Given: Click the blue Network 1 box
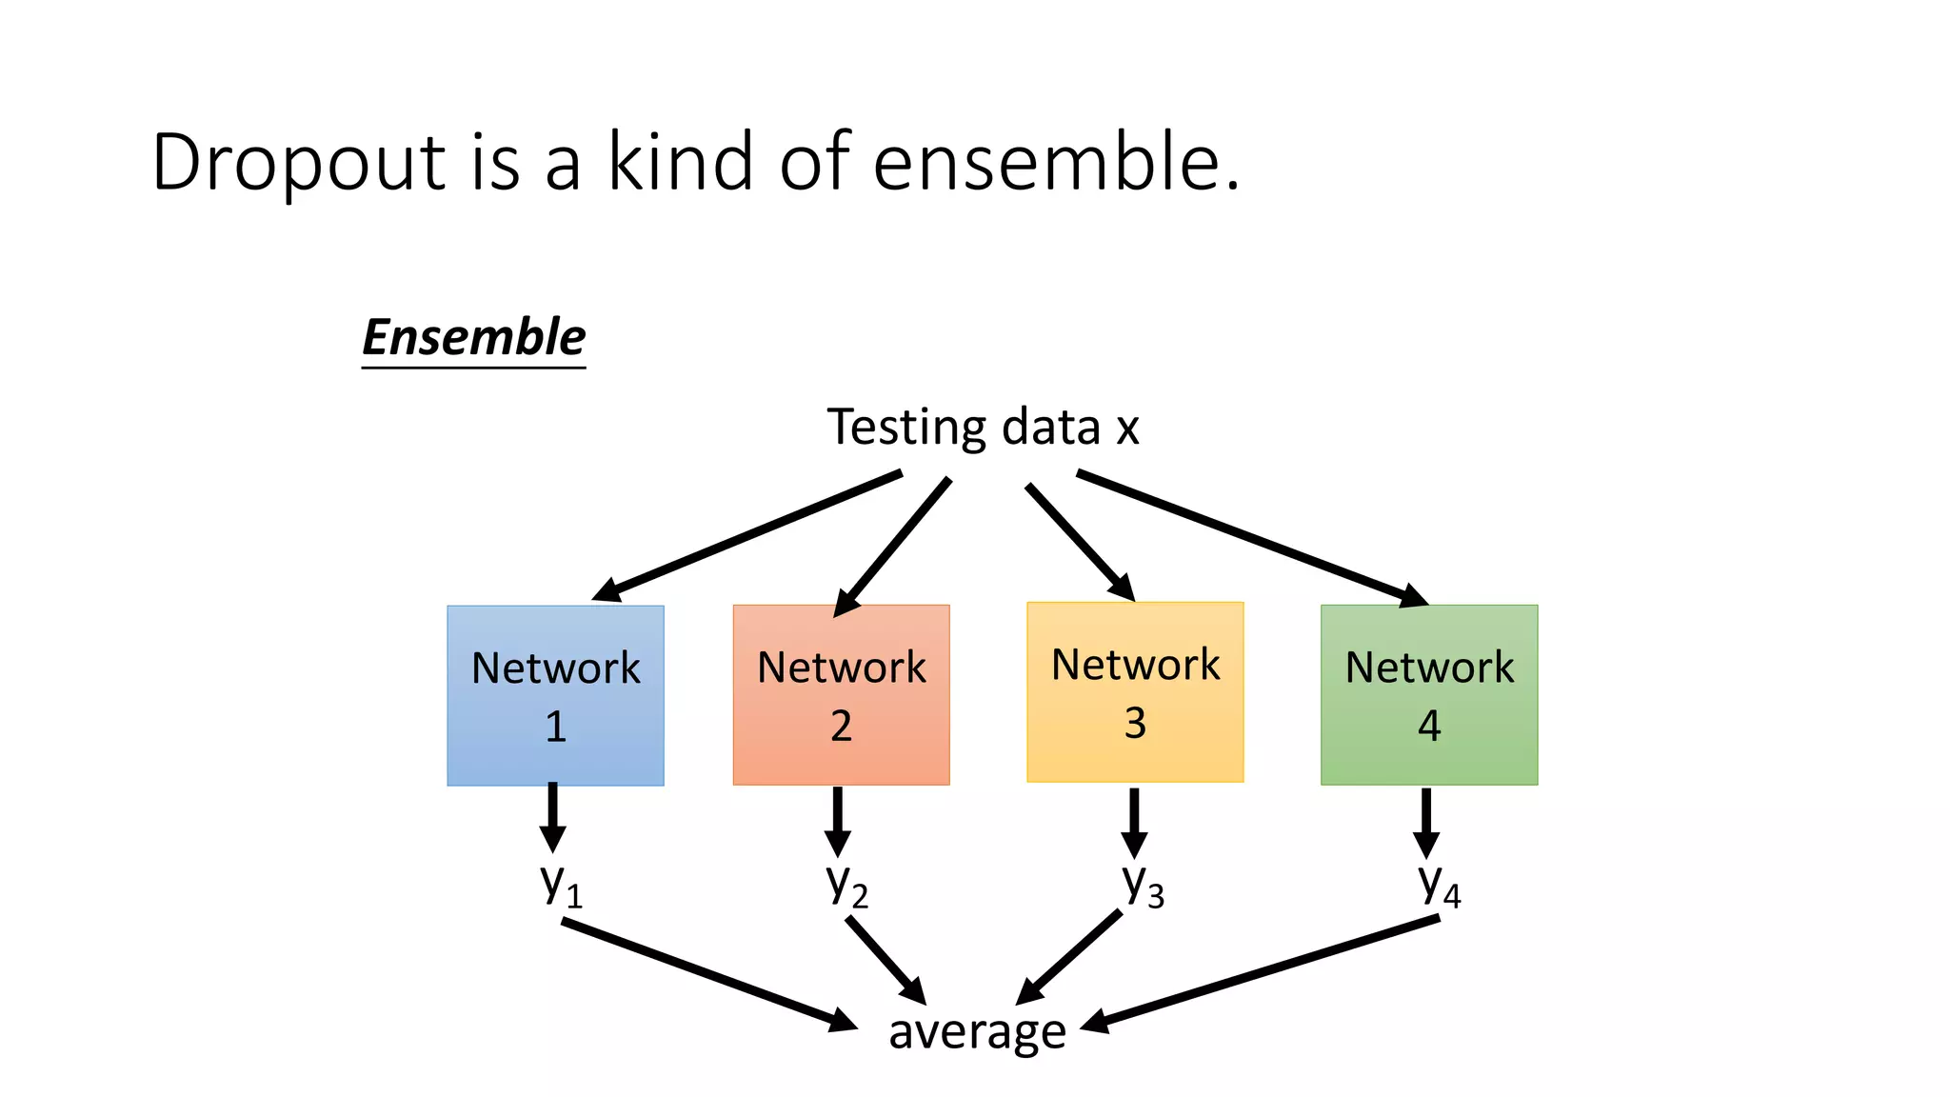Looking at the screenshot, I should click(555, 695).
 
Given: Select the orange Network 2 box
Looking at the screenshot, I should click(841, 694).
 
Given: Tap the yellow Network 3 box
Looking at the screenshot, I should click(1135, 691).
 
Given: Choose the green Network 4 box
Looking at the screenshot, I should click(1428, 694).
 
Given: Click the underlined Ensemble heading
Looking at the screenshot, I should click(473, 338).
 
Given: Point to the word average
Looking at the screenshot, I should click(977, 1031).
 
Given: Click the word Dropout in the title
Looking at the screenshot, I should click(298, 164).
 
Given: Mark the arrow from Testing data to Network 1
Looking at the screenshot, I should click(747, 536).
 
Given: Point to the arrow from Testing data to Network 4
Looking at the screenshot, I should click(1252, 538).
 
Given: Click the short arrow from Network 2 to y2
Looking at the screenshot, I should click(837, 820).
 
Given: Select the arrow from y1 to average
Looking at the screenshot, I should click(709, 974).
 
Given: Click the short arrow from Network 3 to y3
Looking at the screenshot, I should click(1133, 821).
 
